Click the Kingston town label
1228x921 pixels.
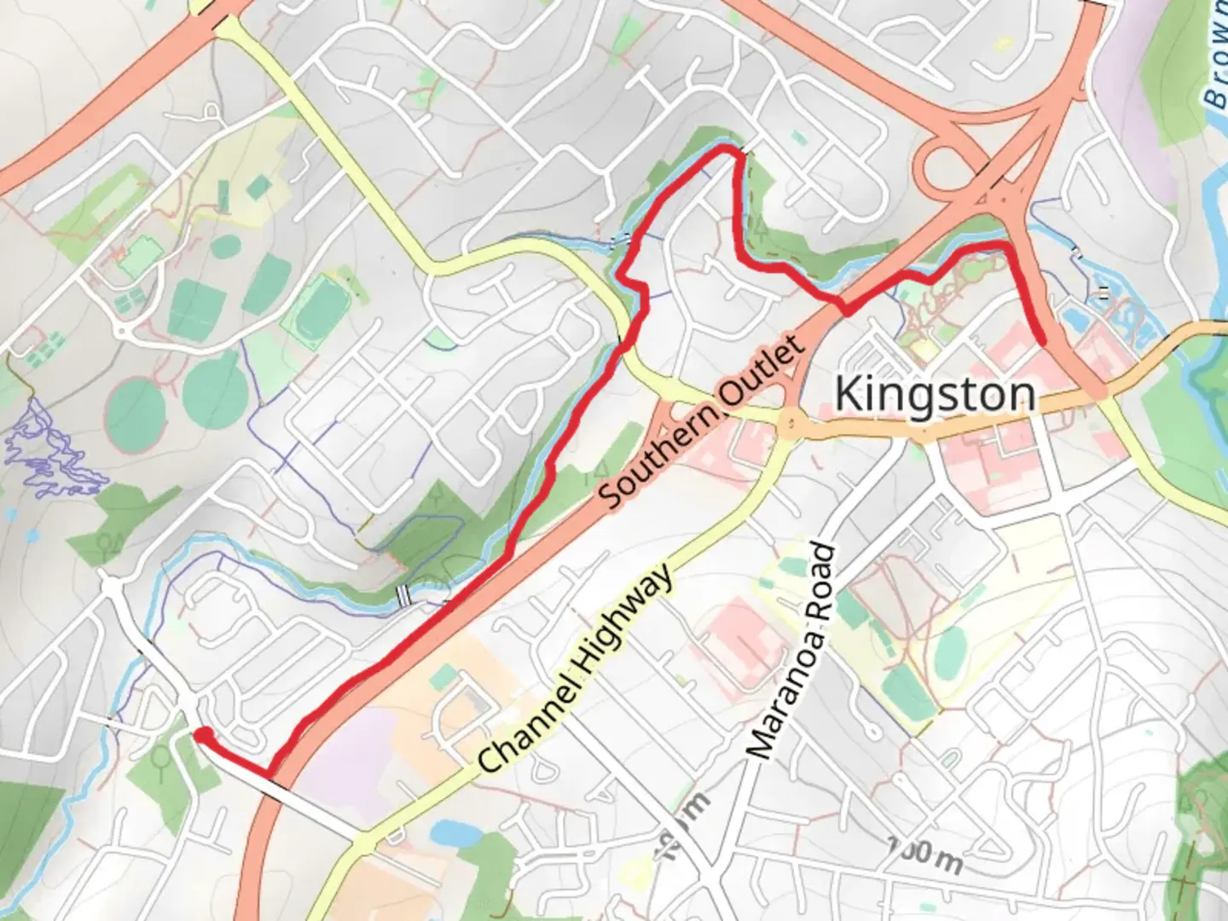click(935, 395)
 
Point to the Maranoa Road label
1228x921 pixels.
click(791, 651)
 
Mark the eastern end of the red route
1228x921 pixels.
click(1043, 342)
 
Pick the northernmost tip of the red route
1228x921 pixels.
click(729, 149)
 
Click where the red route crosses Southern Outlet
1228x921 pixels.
click(846, 309)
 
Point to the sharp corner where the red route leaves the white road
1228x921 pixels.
click(271, 774)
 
